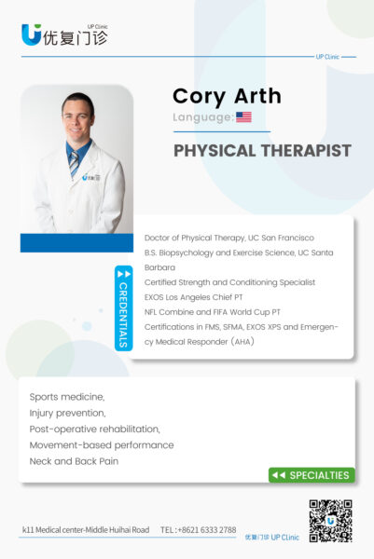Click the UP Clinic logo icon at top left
32,34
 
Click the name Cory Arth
227,97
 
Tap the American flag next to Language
243,117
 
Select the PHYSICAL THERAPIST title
262,150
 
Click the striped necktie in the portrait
74,164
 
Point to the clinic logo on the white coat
91,177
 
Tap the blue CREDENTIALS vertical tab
123,308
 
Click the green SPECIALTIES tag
312,475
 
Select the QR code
330,521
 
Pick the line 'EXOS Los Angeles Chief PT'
193,297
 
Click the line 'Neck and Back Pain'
74,461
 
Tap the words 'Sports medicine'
66,397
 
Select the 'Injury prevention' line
67,413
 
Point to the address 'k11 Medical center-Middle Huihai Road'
86,530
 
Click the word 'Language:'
203,117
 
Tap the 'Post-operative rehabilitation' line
95,429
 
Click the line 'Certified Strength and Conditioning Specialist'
229,282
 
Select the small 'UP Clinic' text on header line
327,57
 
